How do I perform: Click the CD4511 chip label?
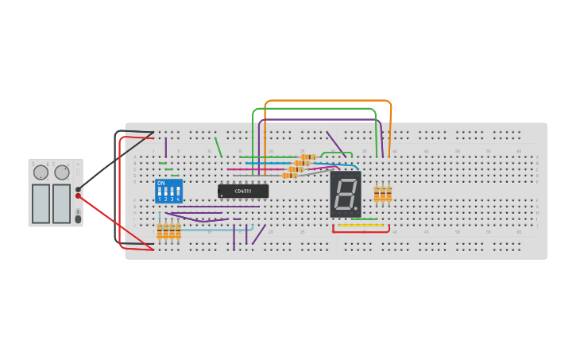(x=242, y=191)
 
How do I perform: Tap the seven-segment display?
(x=346, y=194)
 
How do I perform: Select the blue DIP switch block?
(x=168, y=191)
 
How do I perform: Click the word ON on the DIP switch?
(x=161, y=184)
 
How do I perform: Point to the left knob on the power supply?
(x=41, y=172)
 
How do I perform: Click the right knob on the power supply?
(x=62, y=172)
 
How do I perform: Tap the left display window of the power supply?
(x=41, y=203)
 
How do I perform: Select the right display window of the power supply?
(x=62, y=203)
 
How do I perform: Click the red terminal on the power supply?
(x=78, y=195)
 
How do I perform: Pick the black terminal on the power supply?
(x=78, y=189)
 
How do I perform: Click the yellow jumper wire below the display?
(x=361, y=225)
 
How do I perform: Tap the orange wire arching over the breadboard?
(x=327, y=102)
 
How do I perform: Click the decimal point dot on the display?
(x=356, y=209)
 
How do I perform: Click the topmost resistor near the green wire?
(x=308, y=157)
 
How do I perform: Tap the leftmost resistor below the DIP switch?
(x=160, y=231)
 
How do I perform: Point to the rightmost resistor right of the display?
(x=389, y=193)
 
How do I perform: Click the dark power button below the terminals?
(x=78, y=219)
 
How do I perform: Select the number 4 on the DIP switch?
(x=178, y=199)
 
